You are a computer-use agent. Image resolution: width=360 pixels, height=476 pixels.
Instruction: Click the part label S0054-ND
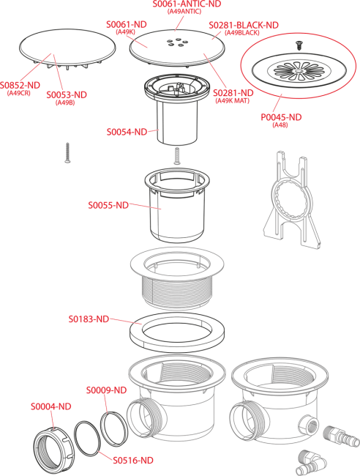tap(127, 132)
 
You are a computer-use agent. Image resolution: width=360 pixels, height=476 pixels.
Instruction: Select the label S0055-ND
tap(108, 205)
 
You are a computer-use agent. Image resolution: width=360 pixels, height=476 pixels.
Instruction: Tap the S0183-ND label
tap(89, 319)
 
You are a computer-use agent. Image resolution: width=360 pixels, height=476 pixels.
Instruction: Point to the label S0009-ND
tap(106, 390)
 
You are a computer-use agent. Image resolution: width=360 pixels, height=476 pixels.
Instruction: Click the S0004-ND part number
tap(51, 406)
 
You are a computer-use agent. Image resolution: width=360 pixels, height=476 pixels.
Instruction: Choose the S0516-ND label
tap(133, 460)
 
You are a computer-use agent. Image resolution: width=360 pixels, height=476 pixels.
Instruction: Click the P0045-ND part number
tap(281, 117)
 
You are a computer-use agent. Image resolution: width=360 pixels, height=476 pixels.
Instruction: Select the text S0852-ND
tap(20, 85)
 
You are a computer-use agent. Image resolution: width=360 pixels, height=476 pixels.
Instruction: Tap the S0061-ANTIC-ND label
tap(187, 4)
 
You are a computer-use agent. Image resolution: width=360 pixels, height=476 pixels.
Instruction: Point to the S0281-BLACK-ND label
tap(244, 25)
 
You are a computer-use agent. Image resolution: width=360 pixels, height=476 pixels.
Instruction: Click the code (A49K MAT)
tap(232, 101)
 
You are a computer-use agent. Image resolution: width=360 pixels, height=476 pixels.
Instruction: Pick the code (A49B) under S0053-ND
tap(65, 103)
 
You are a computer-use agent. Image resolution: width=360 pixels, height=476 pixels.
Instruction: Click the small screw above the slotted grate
tap(299, 45)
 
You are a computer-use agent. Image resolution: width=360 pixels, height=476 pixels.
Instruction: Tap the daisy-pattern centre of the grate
tap(296, 71)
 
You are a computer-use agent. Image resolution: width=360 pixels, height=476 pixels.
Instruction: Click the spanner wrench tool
tap(291, 200)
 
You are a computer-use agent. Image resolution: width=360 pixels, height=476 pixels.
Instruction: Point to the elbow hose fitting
tap(312, 462)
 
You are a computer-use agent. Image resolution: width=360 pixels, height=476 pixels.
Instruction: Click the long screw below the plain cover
tap(67, 153)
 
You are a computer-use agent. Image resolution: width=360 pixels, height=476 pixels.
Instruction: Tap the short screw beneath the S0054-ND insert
tap(177, 156)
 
